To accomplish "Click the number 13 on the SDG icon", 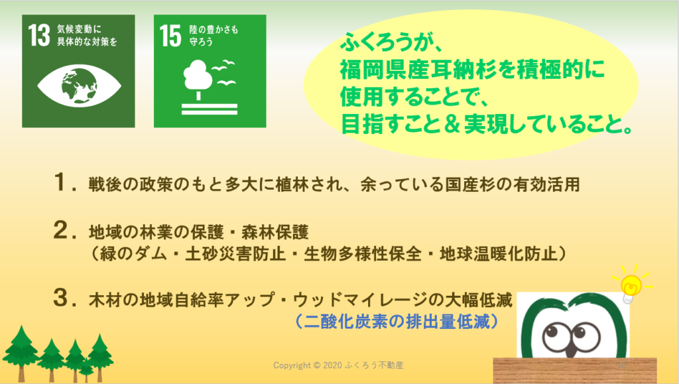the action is click(x=39, y=35).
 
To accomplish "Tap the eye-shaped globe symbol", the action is click(x=79, y=86).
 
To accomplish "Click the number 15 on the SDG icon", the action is click(x=170, y=36).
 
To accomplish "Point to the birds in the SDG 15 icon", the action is click(x=224, y=73).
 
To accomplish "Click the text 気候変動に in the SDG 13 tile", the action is click(x=80, y=29).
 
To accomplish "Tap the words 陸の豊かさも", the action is click(x=214, y=29).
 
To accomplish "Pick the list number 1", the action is click(x=60, y=182).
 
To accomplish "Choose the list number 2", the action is click(x=60, y=230).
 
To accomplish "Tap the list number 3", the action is click(x=60, y=298).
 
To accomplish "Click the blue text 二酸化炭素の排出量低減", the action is click(x=397, y=322).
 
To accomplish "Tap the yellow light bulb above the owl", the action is click(x=631, y=285).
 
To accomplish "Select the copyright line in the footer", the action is click(x=338, y=365).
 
